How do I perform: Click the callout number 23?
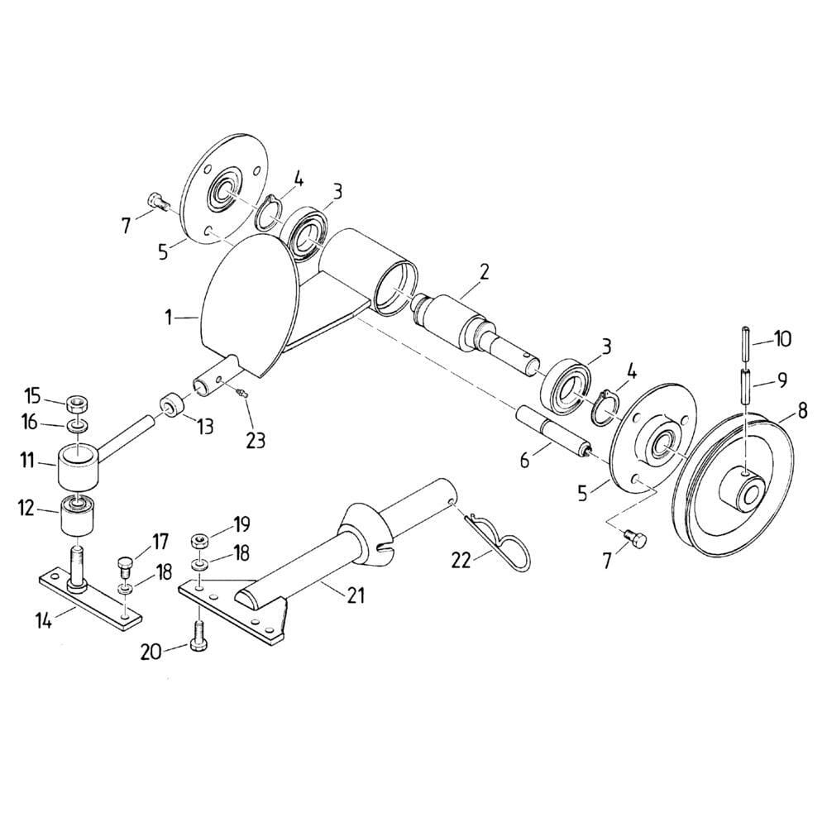click(x=256, y=440)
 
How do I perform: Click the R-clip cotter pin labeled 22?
click(x=498, y=541)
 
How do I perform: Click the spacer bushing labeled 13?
click(x=171, y=405)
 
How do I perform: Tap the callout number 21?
click(x=356, y=595)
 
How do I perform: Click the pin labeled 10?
click(x=745, y=343)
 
